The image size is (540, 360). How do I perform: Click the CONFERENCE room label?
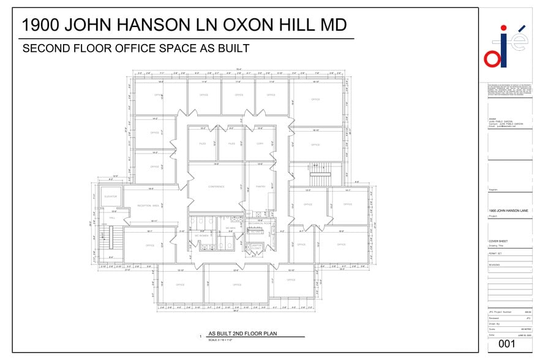coord(217,187)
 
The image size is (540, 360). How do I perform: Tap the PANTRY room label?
coord(260,187)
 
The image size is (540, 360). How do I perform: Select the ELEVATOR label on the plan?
coord(111,196)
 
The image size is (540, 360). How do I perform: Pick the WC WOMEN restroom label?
coord(202,236)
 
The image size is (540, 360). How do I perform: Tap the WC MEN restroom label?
coord(231,228)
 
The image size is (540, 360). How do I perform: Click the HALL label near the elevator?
coord(113,217)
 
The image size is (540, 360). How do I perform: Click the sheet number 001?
coord(507,344)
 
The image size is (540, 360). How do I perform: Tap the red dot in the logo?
coord(503,28)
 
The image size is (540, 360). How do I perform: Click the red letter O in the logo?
coord(492,58)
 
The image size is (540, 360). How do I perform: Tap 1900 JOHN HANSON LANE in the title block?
coord(509,211)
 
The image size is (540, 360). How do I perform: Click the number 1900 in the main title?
coord(39,25)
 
